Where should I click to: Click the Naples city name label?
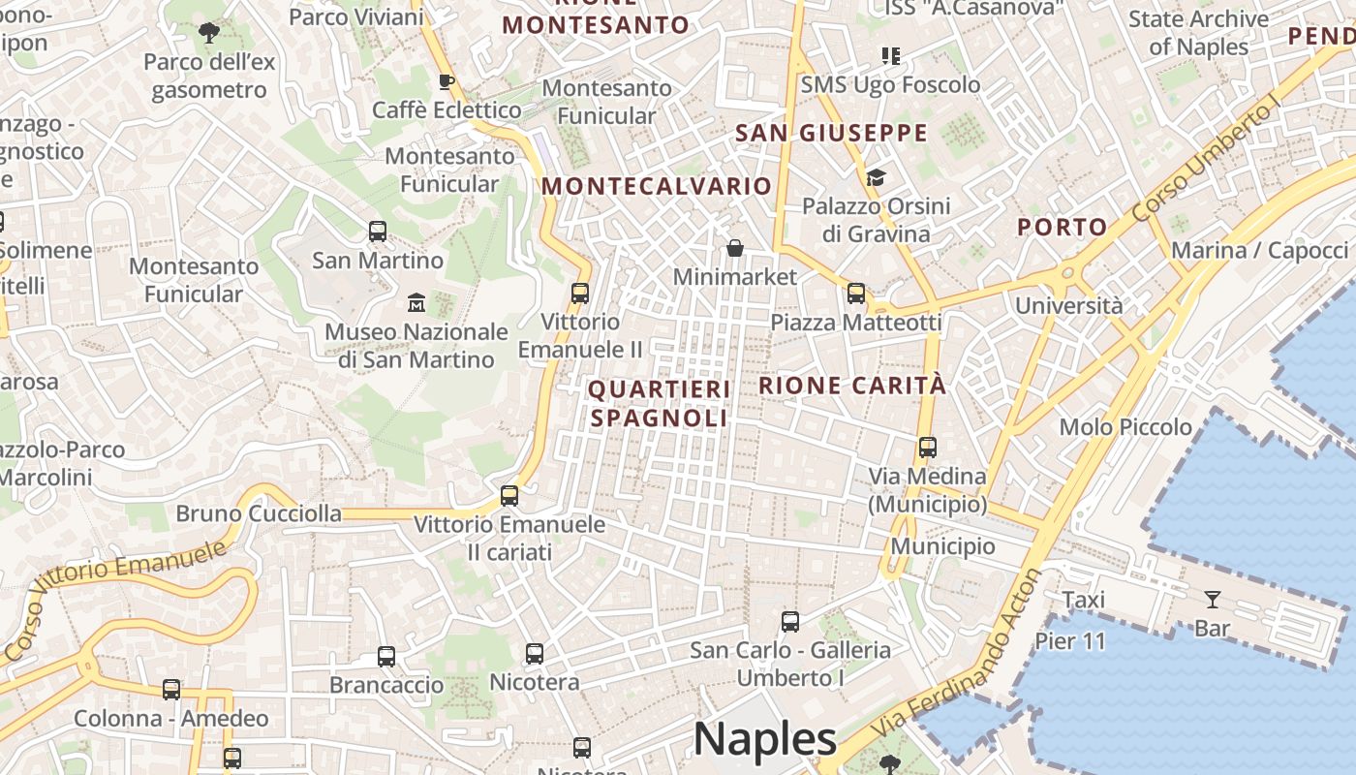point(765,739)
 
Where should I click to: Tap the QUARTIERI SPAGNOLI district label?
point(659,403)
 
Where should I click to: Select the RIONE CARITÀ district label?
point(851,385)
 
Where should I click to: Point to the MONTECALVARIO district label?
point(658,186)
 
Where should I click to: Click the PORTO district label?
point(1062,228)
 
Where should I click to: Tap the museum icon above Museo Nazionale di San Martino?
point(416,302)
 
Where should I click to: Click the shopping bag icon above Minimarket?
point(735,248)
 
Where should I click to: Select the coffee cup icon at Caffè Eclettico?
point(446,81)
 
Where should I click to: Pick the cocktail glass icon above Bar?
point(1212,599)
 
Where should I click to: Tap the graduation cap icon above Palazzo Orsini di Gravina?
point(876,177)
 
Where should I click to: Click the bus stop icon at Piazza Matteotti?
point(855,293)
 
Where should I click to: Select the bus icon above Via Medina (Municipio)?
point(927,448)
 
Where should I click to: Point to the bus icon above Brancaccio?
point(386,656)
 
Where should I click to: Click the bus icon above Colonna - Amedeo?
point(171,690)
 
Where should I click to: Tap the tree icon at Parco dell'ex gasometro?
point(208,34)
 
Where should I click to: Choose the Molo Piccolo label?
point(1125,426)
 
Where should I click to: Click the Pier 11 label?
point(1070,640)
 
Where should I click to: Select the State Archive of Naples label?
point(1198,33)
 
